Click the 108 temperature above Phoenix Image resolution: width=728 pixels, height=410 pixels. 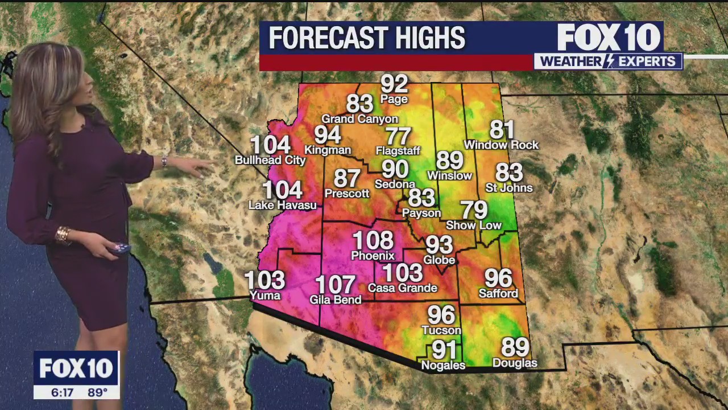pyautogui.click(x=373, y=240)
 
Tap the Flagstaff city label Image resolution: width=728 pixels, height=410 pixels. pyautogui.click(x=398, y=151)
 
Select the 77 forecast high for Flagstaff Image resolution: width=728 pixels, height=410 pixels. pyautogui.click(x=398, y=137)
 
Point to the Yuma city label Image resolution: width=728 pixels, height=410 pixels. pyautogui.click(x=265, y=296)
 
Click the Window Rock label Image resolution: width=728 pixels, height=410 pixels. pyautogui.click(x=501, y=145)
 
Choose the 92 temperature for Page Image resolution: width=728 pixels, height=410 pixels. pyautogui.click(x=394, y=84)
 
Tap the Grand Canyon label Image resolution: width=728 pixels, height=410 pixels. pyautogui.click(x=359, y=119)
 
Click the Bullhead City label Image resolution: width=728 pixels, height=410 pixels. pyautogui.click(x=270, y=161)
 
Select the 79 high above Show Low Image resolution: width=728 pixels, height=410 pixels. pyautogui.click(x=474, y=210)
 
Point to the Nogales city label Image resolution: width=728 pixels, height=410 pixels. pyautogui.click(x=443, y=366)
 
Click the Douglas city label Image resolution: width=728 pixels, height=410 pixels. pyautogui.click(x=515, y=363)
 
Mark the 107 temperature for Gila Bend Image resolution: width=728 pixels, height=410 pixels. pyautogui.click(x=335, y=285)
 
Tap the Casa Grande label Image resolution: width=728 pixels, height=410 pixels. pyautogui.click(x=403, y=288)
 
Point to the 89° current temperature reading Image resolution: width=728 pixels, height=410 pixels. pyautogui.click(x=97, y=392)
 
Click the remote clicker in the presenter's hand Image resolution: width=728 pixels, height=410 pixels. pyautogui.click(x=121, y=248)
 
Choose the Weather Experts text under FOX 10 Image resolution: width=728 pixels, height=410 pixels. pyautogui.click(x=608, y=61)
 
